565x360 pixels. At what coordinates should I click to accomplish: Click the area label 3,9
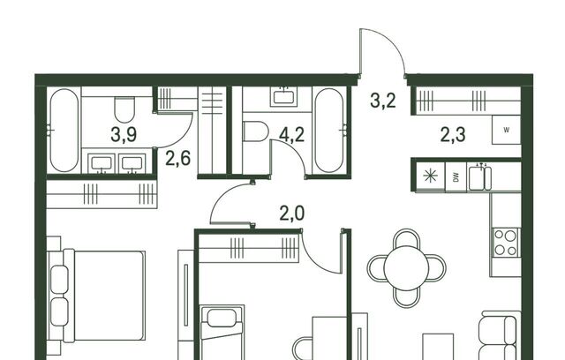[x=124, y=135]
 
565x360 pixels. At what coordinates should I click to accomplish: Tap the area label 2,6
[x=177, y=159]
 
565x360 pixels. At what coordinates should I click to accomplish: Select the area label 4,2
[x=292, y=135]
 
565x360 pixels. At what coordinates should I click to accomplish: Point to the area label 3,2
[x=383, y=101]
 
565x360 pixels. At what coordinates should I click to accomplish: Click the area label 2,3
[x=453, y=135]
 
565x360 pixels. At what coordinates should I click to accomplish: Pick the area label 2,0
[x=292, y=214]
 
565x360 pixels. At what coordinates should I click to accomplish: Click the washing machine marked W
[x=506, y=131]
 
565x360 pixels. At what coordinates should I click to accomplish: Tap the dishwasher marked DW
[x=456, y=176]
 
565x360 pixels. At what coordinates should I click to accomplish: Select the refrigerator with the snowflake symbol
[x=430, y=176]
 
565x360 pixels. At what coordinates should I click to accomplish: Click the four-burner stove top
[x=506, y=243]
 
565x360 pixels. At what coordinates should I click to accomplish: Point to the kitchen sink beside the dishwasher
[x=479, y=176]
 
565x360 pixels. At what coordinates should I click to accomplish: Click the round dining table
[x=406, y=268]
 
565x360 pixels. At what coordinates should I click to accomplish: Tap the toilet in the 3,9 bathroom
[x=124, y=109]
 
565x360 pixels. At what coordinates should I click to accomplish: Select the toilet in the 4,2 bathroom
[x=255, y=131]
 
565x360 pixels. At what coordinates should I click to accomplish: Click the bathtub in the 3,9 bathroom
[x=64, y=131]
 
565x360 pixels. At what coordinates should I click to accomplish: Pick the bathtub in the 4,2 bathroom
[x=329, y=131]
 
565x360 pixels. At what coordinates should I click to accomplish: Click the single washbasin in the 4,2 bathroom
[x=284, y=96]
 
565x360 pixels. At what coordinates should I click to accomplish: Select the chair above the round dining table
[x=407, y=237]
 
